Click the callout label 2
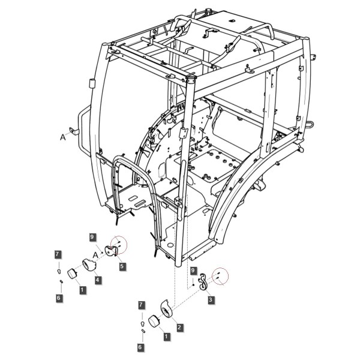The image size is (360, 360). (x=179, y=327)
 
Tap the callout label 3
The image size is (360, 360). (x=211, y=299)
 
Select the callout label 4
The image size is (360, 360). (x=98, y=280)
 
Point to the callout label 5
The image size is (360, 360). (x=122, y=266)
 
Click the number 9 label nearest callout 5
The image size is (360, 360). (x=92, y=237)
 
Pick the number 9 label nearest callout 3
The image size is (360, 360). (x=193, y=271)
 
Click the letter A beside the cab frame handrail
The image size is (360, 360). (x=62, y=137)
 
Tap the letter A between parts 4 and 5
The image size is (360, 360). (x=96, y=255)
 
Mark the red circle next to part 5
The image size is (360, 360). (x=119, y=244)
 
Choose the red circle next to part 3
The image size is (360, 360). (x=220, y=276)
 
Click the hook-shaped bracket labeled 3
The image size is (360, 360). (x=203, y=282)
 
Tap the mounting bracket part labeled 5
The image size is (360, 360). (x=110, y=251)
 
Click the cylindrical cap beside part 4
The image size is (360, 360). (x=72, y=274)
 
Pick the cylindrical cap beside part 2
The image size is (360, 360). (x=154, y=321)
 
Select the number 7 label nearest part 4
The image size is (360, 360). (x=58, y=254)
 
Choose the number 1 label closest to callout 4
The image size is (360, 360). (x=83, y=290)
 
